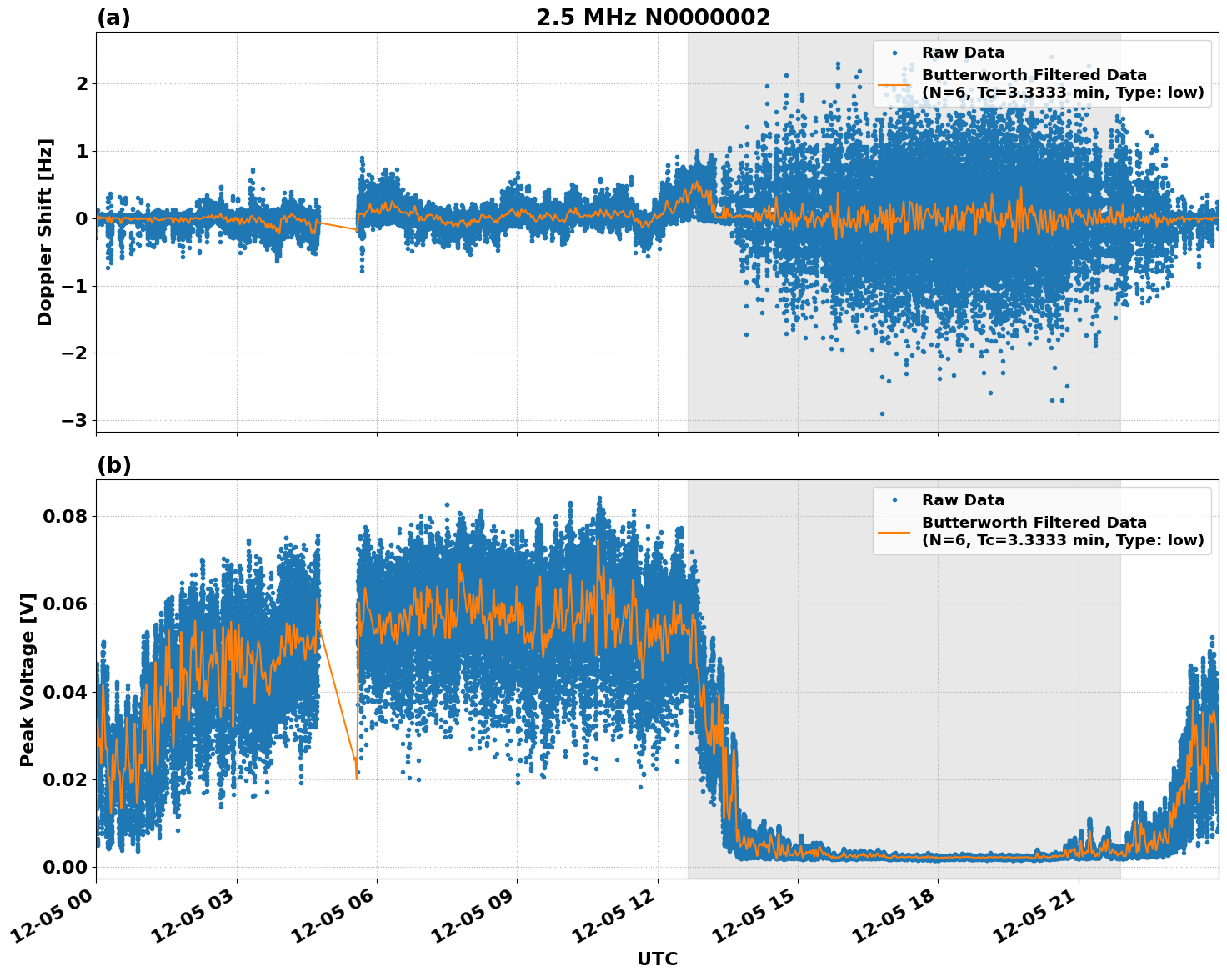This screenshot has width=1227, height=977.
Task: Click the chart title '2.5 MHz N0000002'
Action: [653, 18]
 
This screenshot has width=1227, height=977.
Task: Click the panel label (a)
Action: [113, 18]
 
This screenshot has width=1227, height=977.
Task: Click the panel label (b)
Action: [113, 465]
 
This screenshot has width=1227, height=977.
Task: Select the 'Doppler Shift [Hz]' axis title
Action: [45, 232]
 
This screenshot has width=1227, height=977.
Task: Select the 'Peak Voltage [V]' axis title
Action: [28, 679]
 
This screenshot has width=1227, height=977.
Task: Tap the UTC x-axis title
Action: [657, 959]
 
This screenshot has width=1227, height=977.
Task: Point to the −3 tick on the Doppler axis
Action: [75, 420]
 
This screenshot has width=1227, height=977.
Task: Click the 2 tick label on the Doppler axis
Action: [82, 83]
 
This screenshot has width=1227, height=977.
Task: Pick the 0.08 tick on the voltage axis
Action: [64, 516]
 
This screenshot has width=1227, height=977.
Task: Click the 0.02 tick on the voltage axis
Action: [64, 779]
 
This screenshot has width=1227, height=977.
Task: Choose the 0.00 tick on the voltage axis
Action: [64, 867]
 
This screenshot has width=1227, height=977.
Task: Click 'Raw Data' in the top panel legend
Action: [963, 53]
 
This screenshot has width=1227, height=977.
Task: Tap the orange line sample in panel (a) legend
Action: [894, 84]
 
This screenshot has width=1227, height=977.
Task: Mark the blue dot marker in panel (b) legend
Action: [894, 500]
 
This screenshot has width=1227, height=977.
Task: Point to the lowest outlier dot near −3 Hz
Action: [882, 413]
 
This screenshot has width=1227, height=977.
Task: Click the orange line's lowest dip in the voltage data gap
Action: [357, 778]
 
